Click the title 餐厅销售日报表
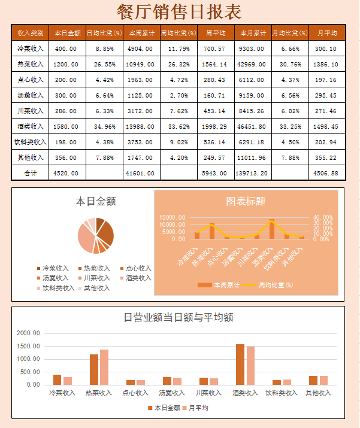pos(179,11)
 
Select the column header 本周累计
pos(141,33)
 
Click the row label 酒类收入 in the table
pos(30,126)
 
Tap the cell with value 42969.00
pos(253,64)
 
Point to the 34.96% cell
pos(104,126)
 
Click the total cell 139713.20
pos(253,173)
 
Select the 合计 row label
pos(30,173)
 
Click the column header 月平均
pos(326,33)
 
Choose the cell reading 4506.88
pos(326,173)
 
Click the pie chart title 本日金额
pos(96,202)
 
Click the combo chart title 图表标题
pos(246,202)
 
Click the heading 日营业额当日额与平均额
pos(178,318)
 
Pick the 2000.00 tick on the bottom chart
pos(28,333)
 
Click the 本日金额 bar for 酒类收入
pos(240,365)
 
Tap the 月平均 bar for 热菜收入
pos(104,367)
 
